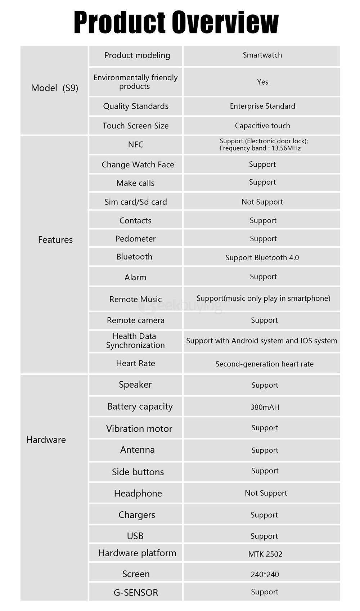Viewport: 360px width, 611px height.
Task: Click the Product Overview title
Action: coord(176,22)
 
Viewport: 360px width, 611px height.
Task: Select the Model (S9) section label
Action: coord(54,88)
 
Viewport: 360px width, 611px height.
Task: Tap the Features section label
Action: coord(55,240)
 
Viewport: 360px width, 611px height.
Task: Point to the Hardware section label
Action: coord(46,440)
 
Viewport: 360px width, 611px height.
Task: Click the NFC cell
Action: coord(135,145)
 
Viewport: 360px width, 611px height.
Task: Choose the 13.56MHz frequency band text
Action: coord(260,148)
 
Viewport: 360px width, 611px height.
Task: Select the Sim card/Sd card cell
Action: coord(135,202)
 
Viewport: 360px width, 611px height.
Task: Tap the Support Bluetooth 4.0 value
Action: coord(262,257)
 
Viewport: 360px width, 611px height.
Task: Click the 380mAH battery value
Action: coord(265,407)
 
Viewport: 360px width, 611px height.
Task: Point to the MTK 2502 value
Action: coord(265,554)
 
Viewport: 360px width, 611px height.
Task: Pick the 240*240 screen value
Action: coord(265,574)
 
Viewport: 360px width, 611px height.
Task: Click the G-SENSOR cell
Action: coord(136,592)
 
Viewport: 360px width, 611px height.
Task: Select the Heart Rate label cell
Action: coord(135,363)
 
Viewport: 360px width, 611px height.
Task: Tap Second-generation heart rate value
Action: coord(264,364)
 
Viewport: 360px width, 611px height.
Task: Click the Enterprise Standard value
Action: coord(262,106)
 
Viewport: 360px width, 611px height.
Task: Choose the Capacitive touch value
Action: coord(262,126)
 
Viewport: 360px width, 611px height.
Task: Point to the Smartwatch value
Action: coord(262,55)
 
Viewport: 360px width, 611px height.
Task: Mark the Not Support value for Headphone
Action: coord(266,493)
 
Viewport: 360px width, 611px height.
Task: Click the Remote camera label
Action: coord(135,320)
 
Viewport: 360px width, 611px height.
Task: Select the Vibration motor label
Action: coord(139,428)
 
